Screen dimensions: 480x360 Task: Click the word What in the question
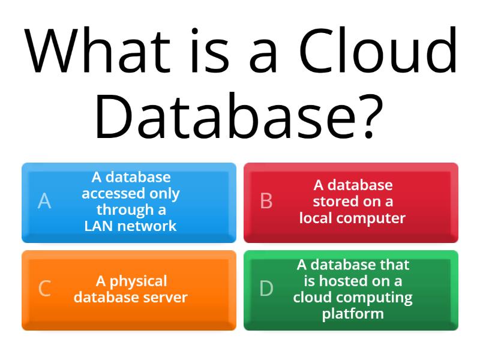97,50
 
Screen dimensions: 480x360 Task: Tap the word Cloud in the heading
378,50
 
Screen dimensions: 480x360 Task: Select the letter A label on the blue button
44,201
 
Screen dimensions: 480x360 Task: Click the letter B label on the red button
266,201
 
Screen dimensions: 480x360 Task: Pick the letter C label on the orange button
44,289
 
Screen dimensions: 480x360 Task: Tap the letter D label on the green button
266,289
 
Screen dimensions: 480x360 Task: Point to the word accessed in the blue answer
113,193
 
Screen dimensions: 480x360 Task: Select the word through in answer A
125,210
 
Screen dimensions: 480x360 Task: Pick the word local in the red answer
316,218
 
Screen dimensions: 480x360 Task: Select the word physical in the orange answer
139,281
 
